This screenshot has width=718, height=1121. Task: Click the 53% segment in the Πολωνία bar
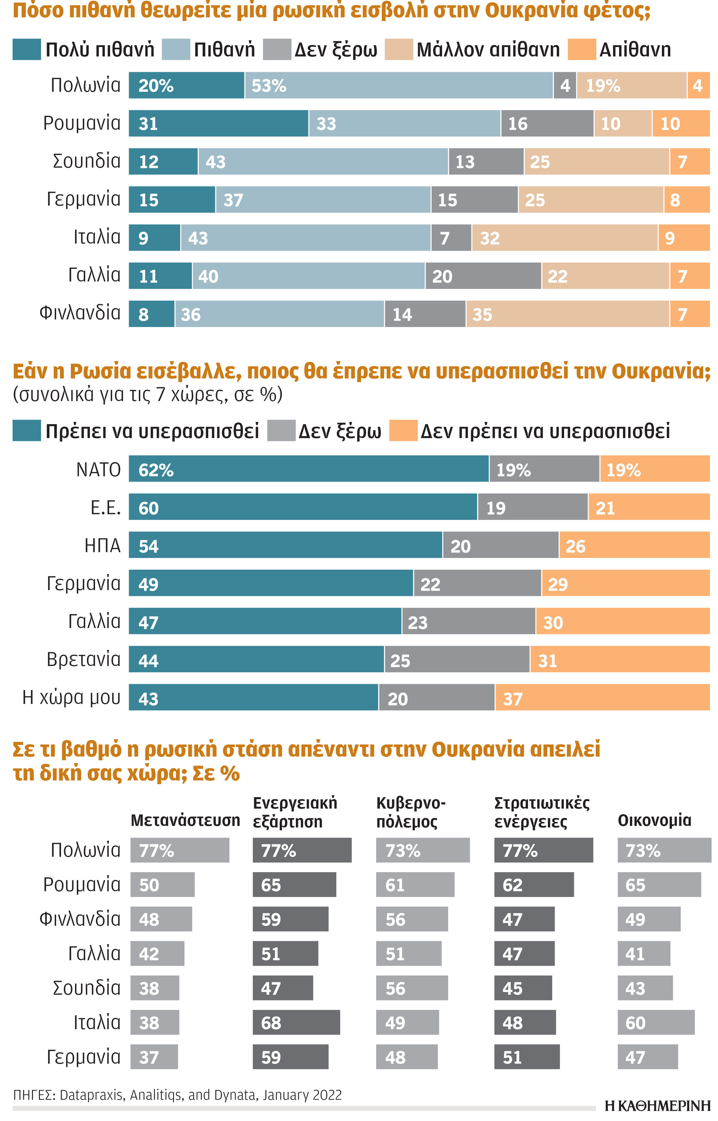(399, 85)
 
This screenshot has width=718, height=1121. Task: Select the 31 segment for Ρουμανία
(218, 123)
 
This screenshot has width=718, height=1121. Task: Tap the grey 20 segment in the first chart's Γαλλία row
(483, 276)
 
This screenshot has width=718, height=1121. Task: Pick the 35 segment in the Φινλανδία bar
(567, 314)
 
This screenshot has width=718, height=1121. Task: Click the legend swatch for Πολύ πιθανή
(27, 49)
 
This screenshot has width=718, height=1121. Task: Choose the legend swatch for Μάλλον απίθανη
(399, 49)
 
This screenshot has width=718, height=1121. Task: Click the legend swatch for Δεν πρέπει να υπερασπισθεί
(403, 430)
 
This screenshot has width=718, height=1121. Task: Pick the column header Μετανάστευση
(185, 820)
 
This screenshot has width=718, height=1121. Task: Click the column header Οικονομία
(654, 820)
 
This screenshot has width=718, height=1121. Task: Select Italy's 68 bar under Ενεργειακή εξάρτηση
(296, 1023)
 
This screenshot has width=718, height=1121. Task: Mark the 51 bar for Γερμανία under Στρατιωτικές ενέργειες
(527, 1057)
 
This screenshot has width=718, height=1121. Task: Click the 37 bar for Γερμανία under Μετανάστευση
(154, 1057)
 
